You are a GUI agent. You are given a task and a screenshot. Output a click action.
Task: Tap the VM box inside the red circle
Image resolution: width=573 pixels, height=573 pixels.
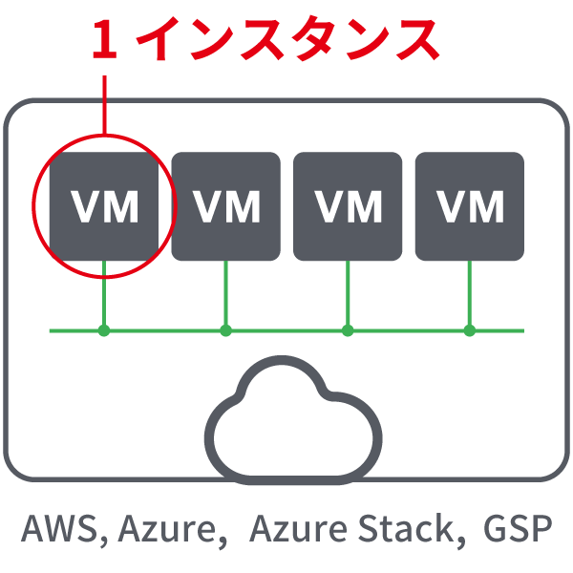(104, 206)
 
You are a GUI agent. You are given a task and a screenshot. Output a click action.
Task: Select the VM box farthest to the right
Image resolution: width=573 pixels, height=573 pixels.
(469, 206)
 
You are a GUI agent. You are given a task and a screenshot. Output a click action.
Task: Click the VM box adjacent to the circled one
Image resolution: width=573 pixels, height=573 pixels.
(226, 206)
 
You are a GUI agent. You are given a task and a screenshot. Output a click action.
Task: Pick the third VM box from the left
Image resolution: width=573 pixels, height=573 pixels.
(348, 206)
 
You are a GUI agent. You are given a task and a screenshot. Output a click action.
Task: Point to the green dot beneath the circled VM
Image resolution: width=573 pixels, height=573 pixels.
(104, 331)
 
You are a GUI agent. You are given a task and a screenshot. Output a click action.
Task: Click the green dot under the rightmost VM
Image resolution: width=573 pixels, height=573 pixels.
(469, 331)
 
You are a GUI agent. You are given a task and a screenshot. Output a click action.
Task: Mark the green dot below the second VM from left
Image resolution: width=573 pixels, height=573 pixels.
(226, 331)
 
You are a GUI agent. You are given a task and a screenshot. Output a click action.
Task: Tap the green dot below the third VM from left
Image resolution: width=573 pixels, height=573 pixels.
(348, 331)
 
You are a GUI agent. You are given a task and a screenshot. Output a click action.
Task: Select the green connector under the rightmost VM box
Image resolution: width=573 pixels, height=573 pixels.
(469, 296)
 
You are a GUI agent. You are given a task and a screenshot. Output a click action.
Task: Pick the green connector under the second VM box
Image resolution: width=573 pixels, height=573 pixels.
(226, 296)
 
